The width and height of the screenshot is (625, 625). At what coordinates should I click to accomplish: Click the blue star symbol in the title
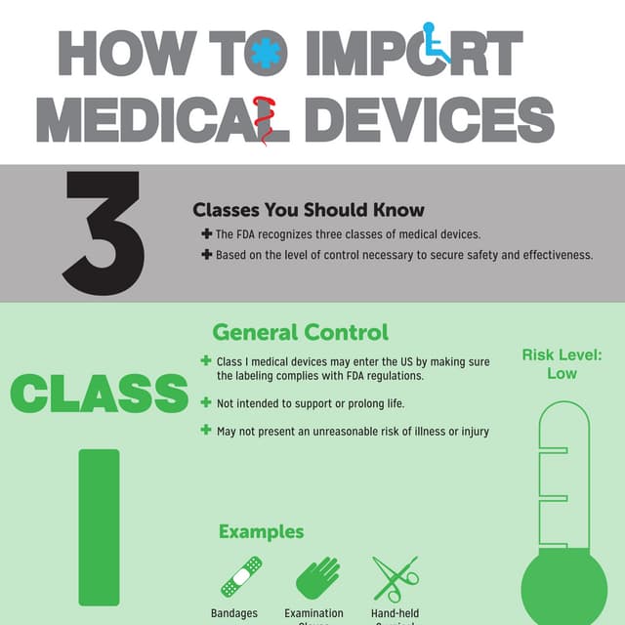264,54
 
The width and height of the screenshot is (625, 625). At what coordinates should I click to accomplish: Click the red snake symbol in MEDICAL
260,120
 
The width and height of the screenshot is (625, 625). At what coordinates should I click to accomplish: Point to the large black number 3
104,234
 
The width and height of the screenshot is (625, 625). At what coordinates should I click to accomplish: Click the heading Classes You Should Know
309,210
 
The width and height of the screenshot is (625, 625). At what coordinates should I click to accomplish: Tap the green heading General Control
300,332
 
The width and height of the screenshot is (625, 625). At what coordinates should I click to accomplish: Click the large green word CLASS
99,394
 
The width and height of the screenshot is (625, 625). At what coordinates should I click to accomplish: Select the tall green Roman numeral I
99,526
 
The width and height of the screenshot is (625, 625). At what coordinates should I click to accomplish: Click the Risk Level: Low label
562,364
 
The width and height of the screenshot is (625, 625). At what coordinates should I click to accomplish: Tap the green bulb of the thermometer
563,588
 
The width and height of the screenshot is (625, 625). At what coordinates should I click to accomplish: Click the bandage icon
240,576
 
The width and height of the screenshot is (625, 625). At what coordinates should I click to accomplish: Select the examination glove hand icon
317,577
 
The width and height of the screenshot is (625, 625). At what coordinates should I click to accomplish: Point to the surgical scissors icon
394,577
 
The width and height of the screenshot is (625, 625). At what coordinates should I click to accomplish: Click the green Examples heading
261,532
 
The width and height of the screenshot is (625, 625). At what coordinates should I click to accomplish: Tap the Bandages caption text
234,613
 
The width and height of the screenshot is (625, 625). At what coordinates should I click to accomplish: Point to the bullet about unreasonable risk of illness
353,431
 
